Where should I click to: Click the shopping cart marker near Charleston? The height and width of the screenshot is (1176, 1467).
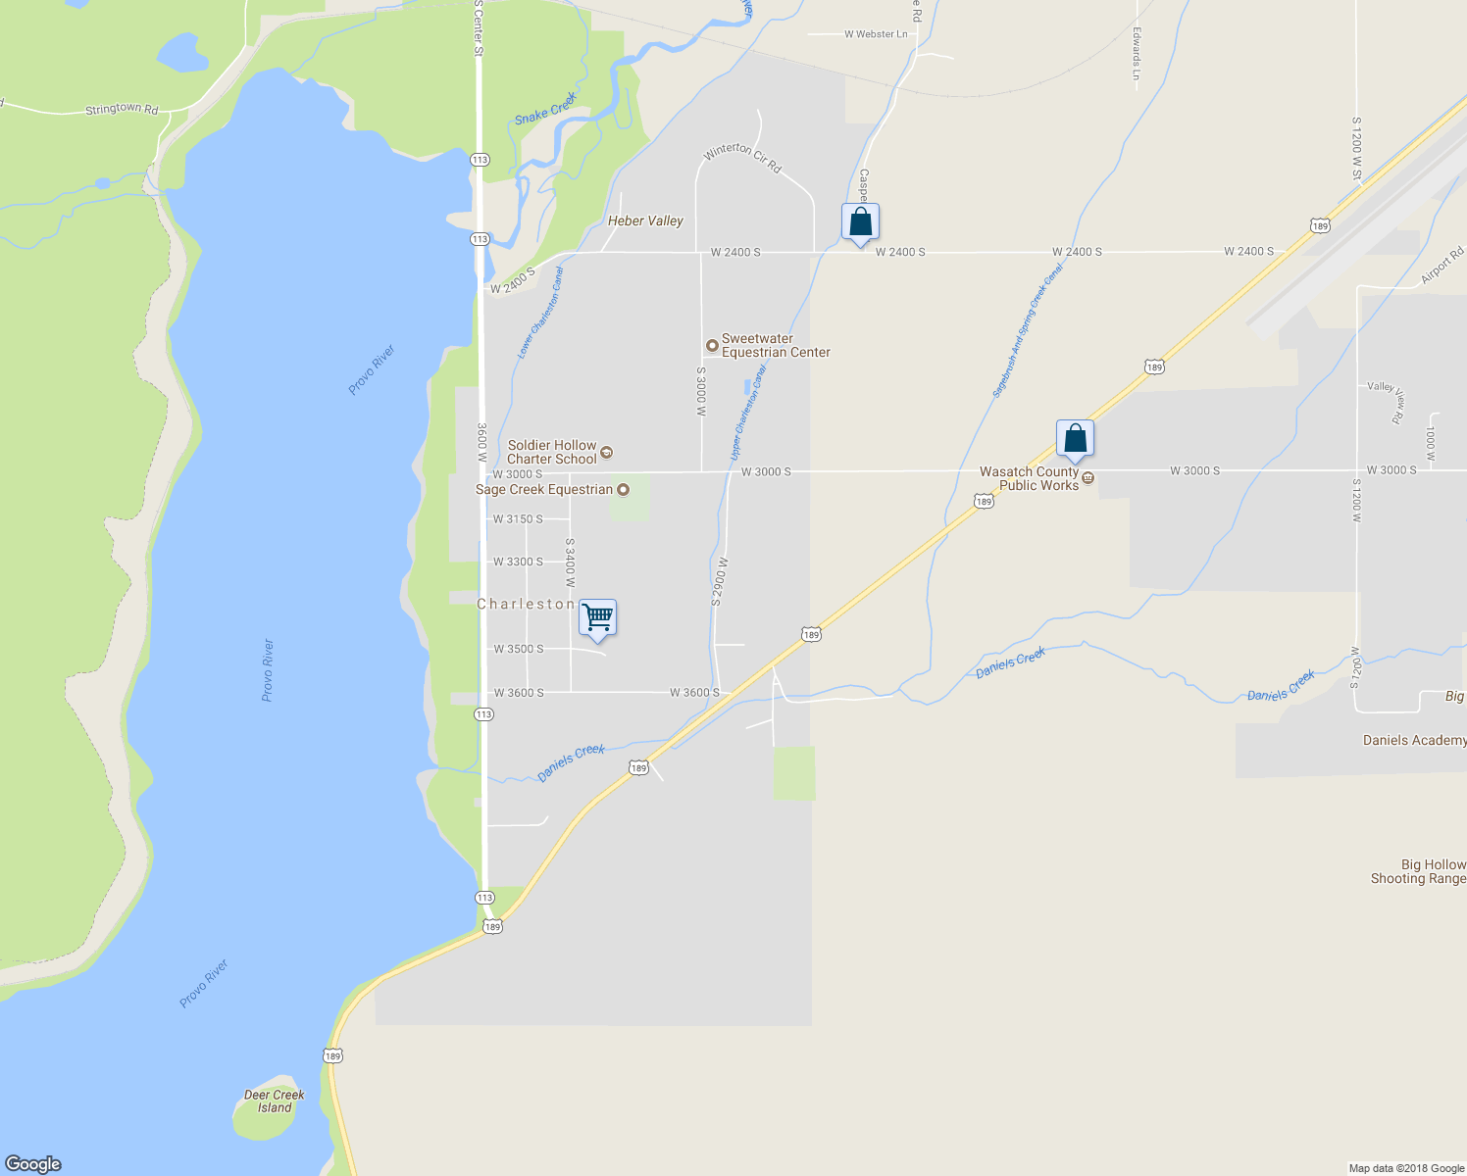tap(597, 617)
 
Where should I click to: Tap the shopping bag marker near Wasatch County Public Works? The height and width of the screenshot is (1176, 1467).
tap(1075, 438)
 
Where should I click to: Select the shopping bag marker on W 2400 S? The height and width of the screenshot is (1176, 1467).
tap(860, 221)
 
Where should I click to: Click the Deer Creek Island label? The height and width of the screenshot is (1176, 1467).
tap(275, 1102)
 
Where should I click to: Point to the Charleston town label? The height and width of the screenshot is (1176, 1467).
tap(526, 604)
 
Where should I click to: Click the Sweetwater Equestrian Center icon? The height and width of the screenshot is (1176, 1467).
tap(713, 345)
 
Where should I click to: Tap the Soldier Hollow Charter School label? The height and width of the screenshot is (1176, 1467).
tap(552, 452)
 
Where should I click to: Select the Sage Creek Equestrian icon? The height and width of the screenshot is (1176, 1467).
tap(623, 489)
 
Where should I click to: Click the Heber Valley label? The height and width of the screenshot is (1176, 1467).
tap(645, 220)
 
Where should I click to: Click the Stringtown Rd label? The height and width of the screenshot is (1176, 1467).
tap(122, 109)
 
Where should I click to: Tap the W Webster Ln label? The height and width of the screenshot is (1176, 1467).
tap(876, 34)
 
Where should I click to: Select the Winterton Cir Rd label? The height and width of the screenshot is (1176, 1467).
tap(742, 157)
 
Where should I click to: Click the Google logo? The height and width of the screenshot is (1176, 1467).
tap(32, 1163)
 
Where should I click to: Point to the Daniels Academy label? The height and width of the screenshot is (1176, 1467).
tap(1414, 740)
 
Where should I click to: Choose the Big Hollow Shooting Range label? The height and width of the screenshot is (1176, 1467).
tap(1418, 871)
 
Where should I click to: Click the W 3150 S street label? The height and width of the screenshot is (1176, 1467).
tap(518, 519)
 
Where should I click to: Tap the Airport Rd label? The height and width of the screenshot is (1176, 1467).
tap(1442, 266)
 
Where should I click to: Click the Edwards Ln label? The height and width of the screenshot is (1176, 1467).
tap(1137, 54)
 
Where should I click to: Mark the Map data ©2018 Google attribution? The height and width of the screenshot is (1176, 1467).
tap(1406, 1168)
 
